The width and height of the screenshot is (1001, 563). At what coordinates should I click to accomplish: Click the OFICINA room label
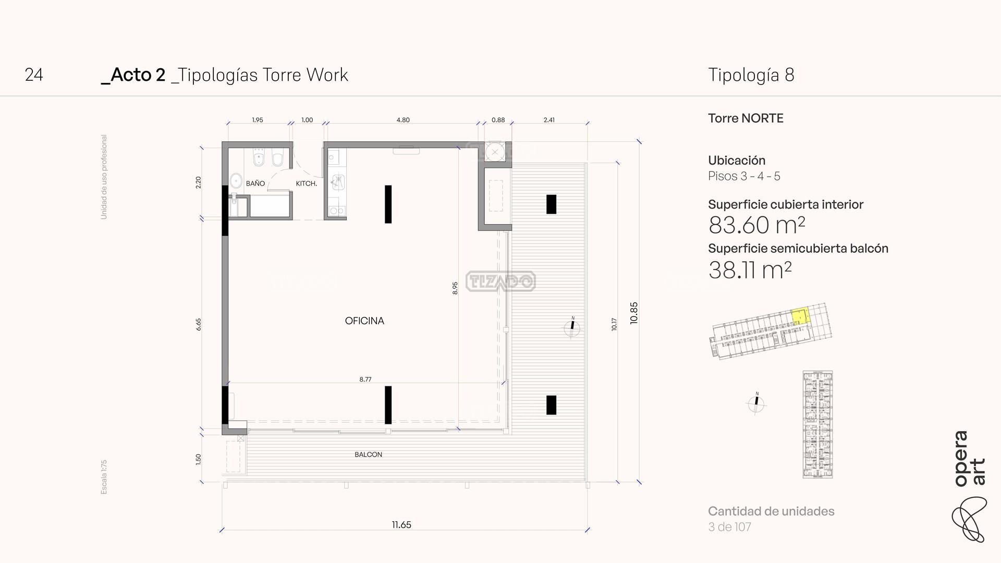[x=364, y=321]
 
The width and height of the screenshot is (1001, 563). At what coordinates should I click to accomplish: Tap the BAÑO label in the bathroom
[x=255, y=183]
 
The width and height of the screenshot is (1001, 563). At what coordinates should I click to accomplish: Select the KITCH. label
[x=307, y=183]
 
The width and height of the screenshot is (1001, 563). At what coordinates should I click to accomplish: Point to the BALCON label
[x=369, y=455]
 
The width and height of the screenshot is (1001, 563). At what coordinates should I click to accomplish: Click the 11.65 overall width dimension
[x=401, y=525]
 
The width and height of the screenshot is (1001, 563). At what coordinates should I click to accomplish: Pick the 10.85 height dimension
[x=634, y=313]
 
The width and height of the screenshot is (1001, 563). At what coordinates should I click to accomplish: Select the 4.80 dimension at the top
[x=403, y=120]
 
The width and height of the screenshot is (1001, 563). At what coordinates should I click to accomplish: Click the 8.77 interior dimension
[x=365, y=380]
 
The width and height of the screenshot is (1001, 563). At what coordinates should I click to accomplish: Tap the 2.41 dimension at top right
[x=549, y=120]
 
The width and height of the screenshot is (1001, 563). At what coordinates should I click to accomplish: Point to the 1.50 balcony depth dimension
[x=198, y=459]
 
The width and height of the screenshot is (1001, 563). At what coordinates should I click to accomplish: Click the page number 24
[x=34, y=75]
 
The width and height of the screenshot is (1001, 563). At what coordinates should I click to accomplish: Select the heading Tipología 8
[x=751, y=75]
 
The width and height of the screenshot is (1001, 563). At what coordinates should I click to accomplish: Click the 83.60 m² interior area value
[x=756, y=225]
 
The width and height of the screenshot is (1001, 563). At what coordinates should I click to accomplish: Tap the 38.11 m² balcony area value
[x=750, y=270]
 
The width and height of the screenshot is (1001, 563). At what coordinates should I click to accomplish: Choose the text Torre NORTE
[x=746, y=118]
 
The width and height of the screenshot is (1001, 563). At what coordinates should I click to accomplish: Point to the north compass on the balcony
[x=572, y=327]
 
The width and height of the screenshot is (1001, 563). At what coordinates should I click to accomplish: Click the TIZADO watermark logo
[x=500, y=281]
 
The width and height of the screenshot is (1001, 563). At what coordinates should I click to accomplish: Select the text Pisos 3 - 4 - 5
[x=744, y=176]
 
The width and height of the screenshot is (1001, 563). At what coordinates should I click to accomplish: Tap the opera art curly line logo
[x=969, y=519]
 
